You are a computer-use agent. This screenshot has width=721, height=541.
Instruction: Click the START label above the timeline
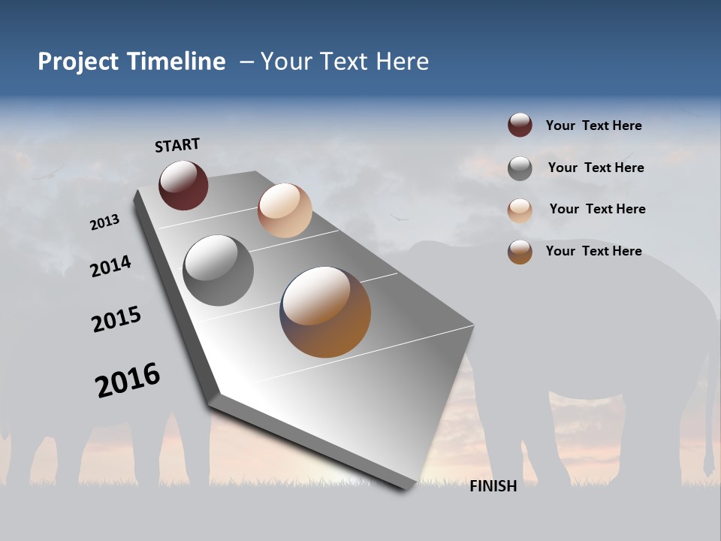click(177, 144)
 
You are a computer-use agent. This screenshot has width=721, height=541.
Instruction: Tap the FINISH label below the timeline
click(493, 486)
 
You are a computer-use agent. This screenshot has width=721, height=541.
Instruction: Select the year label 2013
click(105, 222)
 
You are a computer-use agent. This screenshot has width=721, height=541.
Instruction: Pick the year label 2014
click(111, 266)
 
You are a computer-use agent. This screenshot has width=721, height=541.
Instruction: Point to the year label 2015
click(116, 319)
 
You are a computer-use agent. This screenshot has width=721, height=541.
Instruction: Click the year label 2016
click(128, 380)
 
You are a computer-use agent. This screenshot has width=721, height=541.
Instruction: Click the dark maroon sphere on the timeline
click(183, 185)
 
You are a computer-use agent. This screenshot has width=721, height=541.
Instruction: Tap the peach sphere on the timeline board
click(285, 210)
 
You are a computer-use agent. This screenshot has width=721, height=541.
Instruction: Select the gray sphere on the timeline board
click(218, 270)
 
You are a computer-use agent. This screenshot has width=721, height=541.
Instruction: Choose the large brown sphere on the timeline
click(325, 312)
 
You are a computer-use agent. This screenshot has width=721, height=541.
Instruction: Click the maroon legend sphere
click(520, 125)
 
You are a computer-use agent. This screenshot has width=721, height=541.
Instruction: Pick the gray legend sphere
click(520, 168)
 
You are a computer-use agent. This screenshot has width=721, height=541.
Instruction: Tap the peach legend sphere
click(520, 210)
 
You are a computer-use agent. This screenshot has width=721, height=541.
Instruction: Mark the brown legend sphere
click(520, 252)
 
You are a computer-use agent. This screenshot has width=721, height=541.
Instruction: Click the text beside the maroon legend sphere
click(593, 125)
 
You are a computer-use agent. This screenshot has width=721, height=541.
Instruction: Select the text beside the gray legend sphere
click(596, 168)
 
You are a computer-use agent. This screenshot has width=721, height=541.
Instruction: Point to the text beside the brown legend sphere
click(593, 251)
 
